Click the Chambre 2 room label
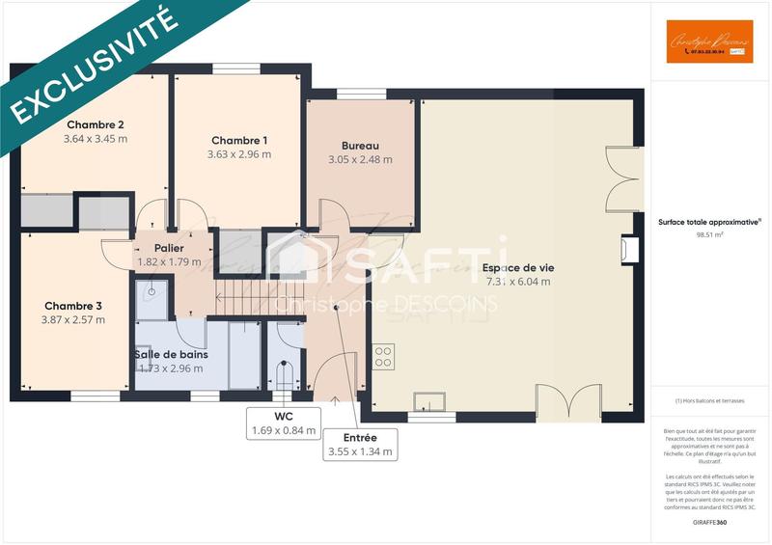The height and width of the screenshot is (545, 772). coord(96,124)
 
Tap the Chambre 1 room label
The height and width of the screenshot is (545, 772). coord(239,141)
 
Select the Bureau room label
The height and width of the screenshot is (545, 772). coord(346,146)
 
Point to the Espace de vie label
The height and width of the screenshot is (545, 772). coord(518,267)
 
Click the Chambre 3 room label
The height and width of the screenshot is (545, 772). coord(73,306)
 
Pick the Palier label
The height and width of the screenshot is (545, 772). coord(169,248)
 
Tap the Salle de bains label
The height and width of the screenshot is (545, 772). coord(171,354)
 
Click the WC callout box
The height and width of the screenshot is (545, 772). coord(284,423)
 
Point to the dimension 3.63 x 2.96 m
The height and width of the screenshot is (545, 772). coord(239,154)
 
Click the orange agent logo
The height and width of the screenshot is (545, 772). coord(709,41)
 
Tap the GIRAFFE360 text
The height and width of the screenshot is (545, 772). coord(709,522)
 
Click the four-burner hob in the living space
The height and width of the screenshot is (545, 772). coord(383,356)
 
